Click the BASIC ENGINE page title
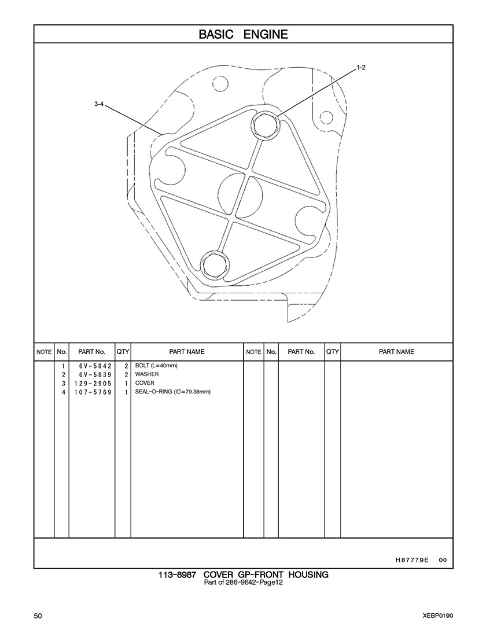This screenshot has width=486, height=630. (243, 34)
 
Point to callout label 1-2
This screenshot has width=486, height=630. (360, 68)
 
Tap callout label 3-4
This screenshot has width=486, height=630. (98, 104)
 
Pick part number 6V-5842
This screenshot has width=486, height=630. (91, 366)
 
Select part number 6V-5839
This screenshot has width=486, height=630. (91, 375)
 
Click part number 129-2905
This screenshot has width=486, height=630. (91, 384)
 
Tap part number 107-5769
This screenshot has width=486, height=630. (91, 392)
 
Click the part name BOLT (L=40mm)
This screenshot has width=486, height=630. (156, 366)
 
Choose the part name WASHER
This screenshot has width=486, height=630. (147, 375)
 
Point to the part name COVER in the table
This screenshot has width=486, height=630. (145, 384)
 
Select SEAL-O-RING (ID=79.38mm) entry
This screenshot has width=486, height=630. (172, 392)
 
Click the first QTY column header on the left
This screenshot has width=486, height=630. (123, 352)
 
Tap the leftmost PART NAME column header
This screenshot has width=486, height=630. (187, 352)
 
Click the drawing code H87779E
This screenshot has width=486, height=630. (411, 560)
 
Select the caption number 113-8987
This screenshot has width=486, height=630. (177, 575)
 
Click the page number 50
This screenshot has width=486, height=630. (38, 616)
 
